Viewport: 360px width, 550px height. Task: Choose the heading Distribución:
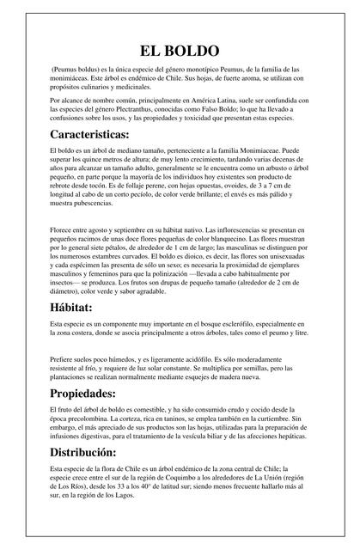pyautogui.click(x=95, y=451)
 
